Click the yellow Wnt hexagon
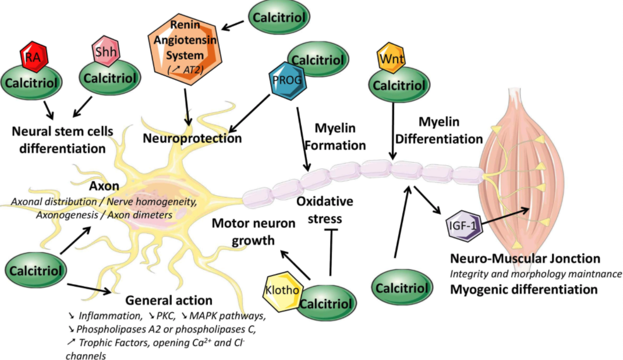tap(391, 59)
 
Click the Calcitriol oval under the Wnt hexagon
tap(398, 85)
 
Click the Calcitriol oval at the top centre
tap(277, 17)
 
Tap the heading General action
tap(169, 301)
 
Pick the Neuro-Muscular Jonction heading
tap(525, 259)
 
